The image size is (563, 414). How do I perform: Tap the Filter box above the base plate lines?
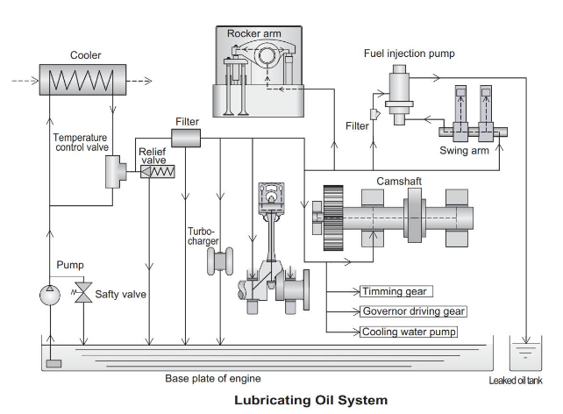186,137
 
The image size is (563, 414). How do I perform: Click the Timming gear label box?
396,291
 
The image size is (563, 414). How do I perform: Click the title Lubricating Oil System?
310,400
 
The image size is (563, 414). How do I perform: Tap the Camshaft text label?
400,182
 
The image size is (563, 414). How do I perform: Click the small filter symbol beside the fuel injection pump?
374,113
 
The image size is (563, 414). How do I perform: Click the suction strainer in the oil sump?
54,362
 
